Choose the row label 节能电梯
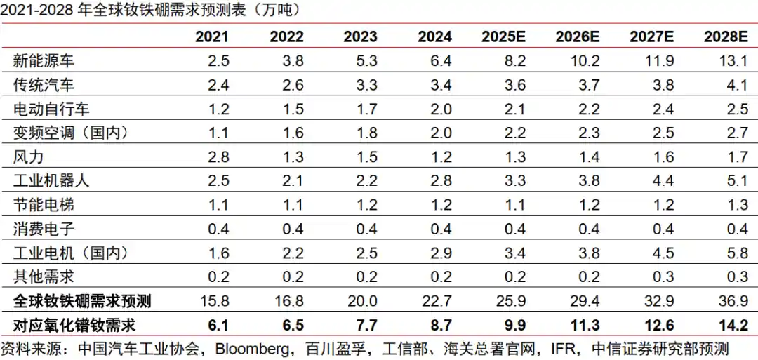[x=43, y=204]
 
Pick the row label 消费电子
[x=43, y=228]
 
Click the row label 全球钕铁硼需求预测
[x=83, y=302]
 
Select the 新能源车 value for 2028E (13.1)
[x=731, y=61]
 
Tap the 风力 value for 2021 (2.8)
[x=218, y=156]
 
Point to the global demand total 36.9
[x=731, y=302]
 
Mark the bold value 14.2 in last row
[x=730, y=325]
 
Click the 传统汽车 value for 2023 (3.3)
[x=366, y=85]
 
